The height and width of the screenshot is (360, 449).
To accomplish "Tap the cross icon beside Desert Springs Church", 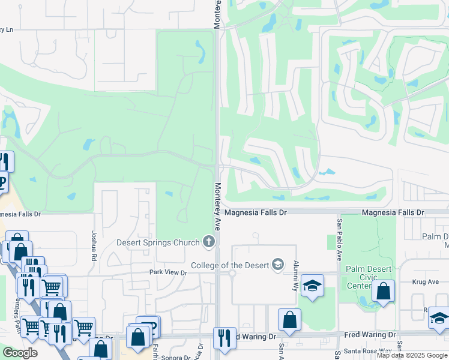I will point(209,242).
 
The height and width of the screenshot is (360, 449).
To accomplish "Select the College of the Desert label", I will point(231,265).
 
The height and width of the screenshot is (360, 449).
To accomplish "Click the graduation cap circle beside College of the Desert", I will point(278,265).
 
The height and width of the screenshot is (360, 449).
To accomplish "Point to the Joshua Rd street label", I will point(94,245).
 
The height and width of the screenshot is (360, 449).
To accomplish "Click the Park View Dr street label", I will point(168,272).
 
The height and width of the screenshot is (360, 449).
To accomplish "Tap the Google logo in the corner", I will point(20,352).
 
